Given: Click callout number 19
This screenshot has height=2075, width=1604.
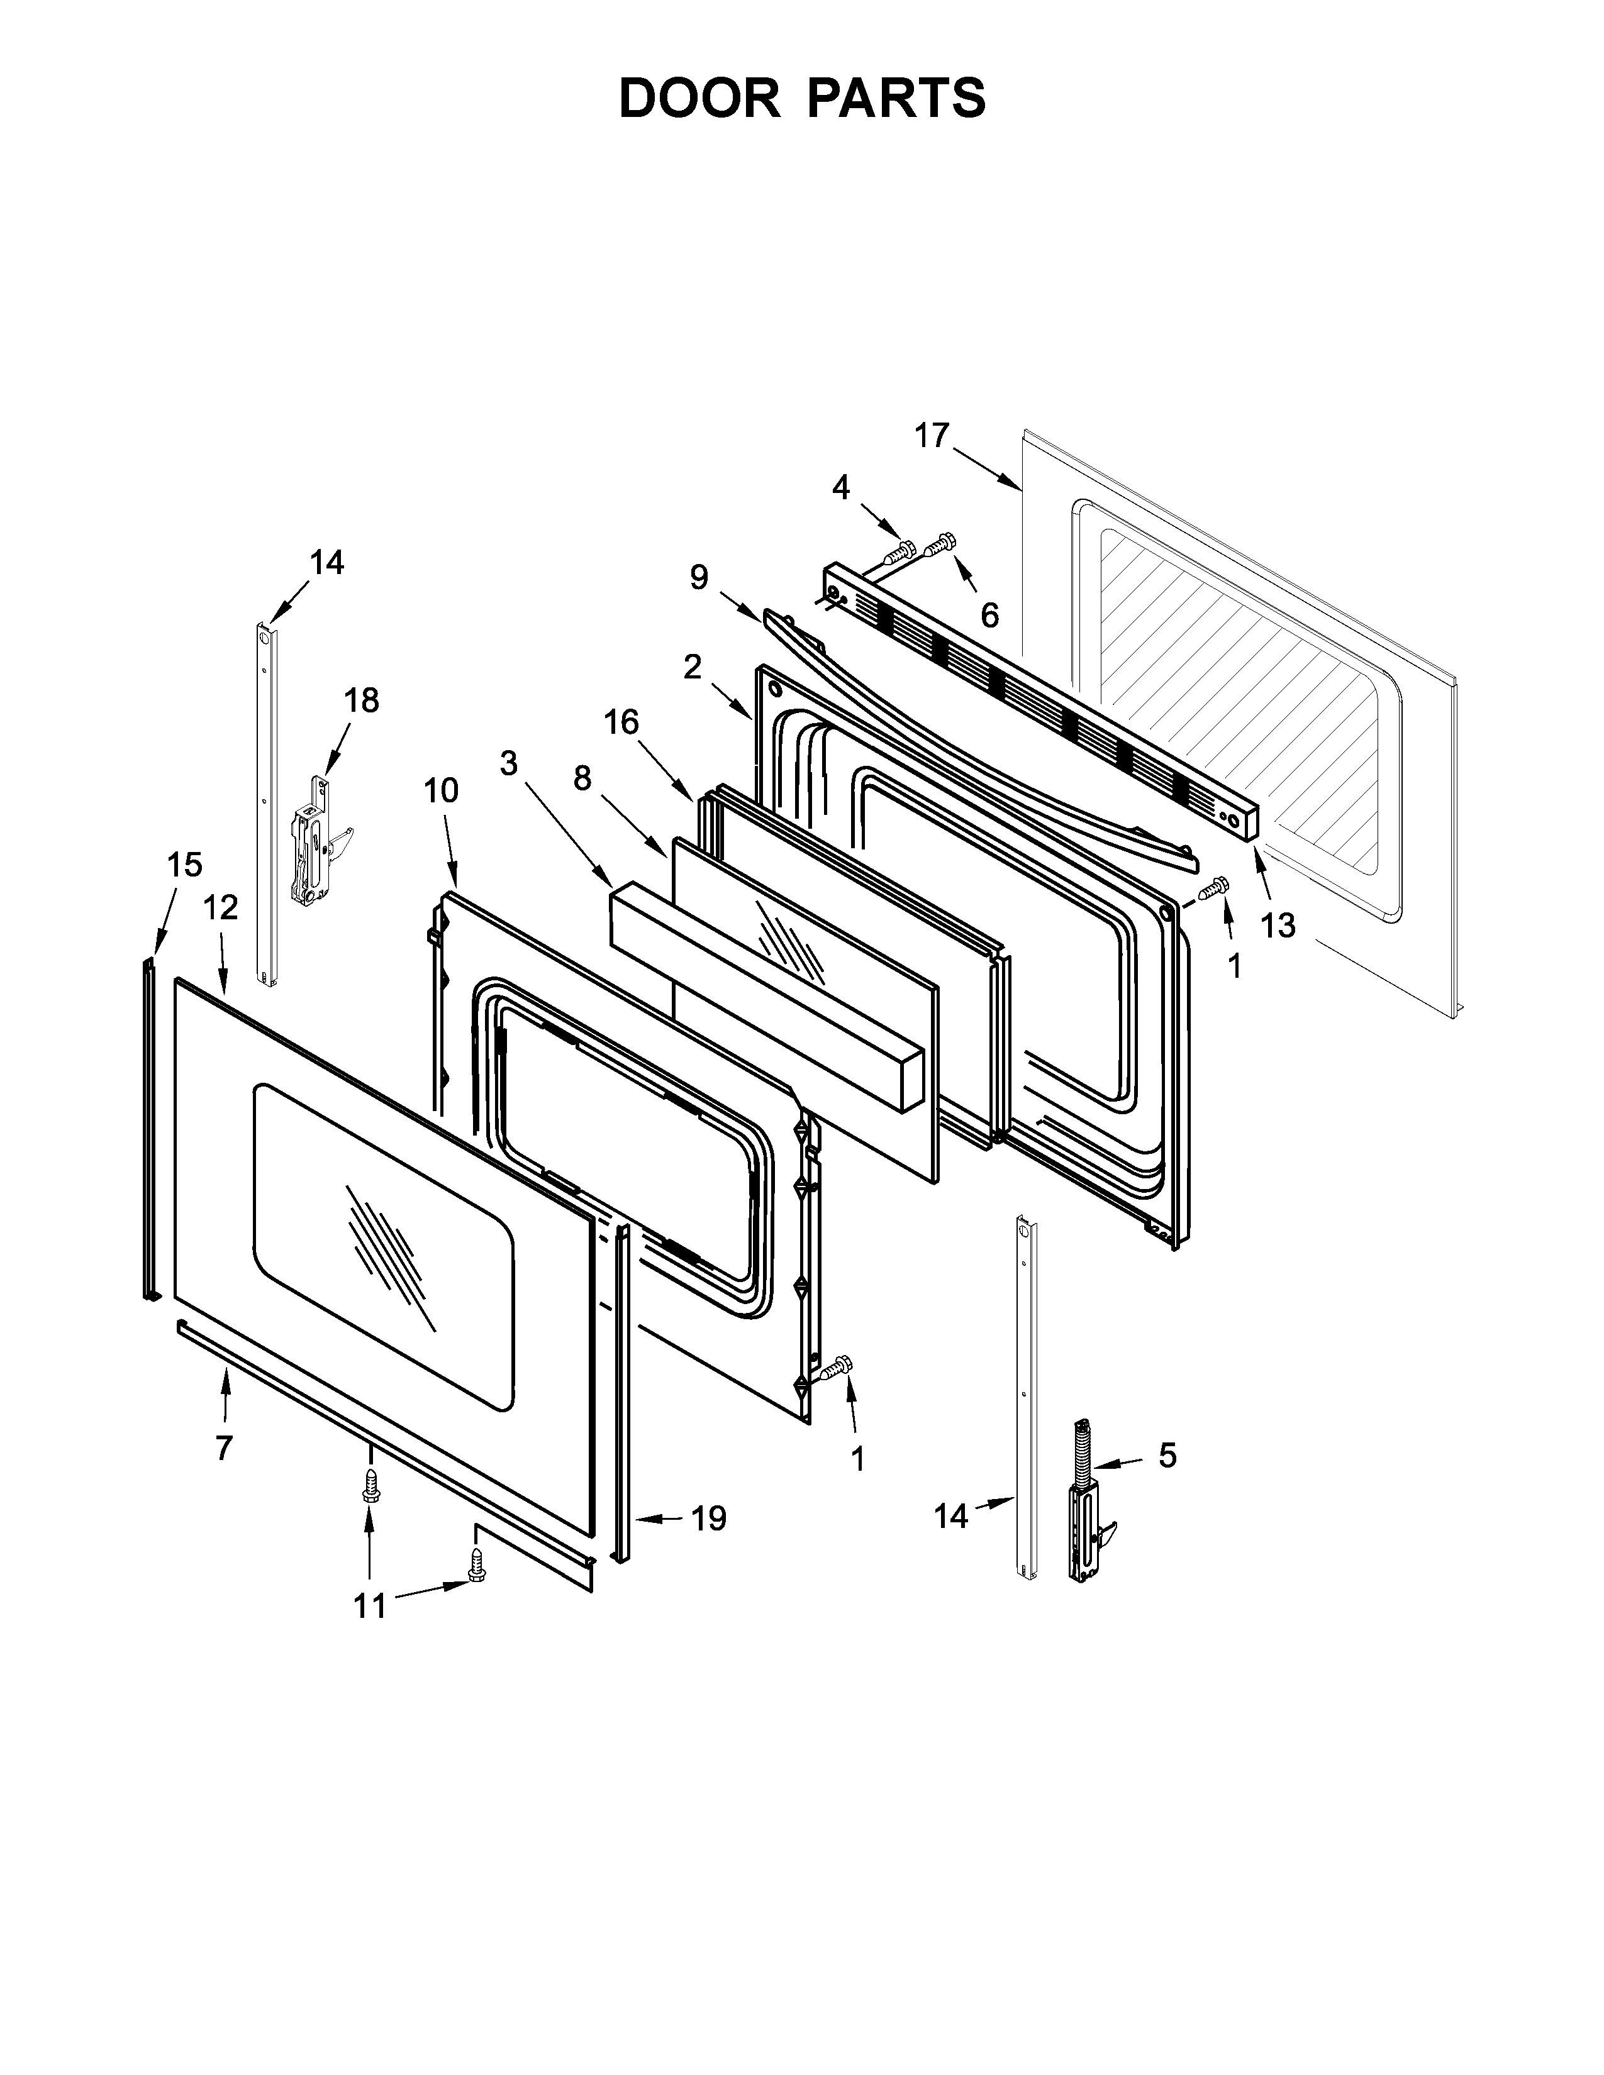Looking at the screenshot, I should [x=708, y=1519].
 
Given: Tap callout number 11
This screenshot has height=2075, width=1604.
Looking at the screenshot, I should [x=370, y=1606].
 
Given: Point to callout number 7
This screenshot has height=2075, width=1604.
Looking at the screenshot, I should [x=223, y=1448].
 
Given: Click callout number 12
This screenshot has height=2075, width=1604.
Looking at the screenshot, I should [x=220, y=909].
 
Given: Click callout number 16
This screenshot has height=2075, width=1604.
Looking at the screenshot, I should [x=621, y=723].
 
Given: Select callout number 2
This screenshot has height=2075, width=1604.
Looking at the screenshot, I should [x=692, y=667].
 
